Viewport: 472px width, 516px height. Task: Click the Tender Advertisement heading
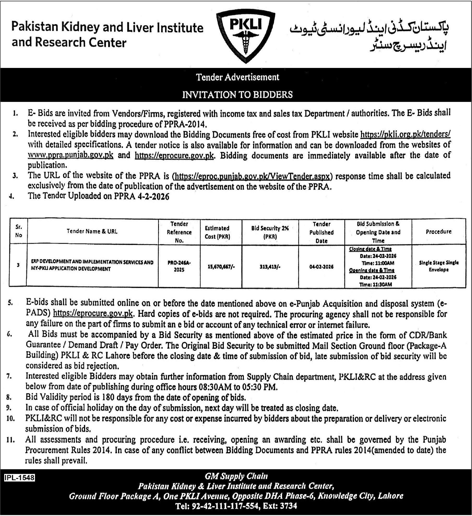click(x=238, y=77)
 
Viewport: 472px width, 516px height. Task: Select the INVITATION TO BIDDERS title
click(x=237, y=94)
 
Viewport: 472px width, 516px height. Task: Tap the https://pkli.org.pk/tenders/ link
click(x=405, y=134)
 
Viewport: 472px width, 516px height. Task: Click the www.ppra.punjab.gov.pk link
click(x=70, y=155)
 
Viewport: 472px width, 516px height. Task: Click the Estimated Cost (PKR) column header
click(x=217, y=232)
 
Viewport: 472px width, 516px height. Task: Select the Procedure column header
click(x=439, y=231)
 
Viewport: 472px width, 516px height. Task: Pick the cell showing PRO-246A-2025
click(x=179, y=266)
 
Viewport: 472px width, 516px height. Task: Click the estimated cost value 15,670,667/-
click(x=221, y=267)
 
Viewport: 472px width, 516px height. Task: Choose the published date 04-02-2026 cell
click(x=321, y=267)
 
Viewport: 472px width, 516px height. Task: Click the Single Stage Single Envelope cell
click(x=439, y=266)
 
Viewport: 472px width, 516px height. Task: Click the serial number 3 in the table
click(x=18, y=265)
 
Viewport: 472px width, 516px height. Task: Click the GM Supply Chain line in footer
click(x=236, y=476)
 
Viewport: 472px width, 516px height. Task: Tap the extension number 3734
click(x=288, y=506)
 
